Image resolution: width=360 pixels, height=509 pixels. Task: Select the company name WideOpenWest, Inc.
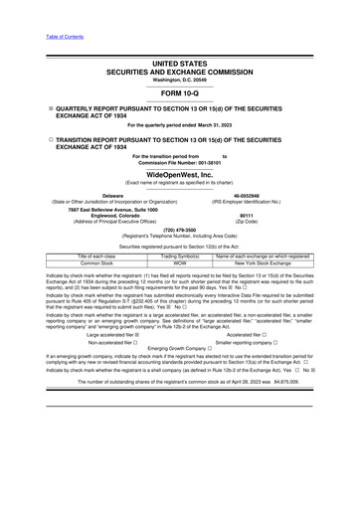point(179,174)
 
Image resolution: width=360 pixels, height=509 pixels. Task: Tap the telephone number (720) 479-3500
point(179,228)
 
